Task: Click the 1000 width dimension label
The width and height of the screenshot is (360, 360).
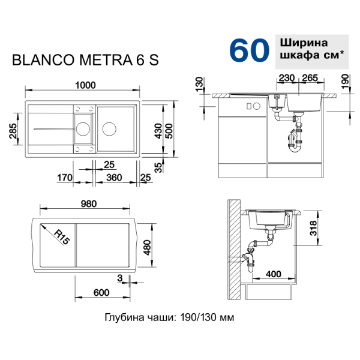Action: (x=85, y=85)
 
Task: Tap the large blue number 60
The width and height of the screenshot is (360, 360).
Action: (x=249, y=50)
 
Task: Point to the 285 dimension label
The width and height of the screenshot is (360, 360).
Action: (x=13, y=131)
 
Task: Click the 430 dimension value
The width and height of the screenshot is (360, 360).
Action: (x=158, y=131)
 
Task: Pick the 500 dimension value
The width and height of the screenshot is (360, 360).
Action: (x=169, y=131)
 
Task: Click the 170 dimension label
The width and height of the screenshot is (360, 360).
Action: (x=65, y=178)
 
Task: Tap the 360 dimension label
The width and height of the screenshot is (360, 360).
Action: (x=114, y=178)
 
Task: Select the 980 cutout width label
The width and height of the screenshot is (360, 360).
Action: (x=89, y=203)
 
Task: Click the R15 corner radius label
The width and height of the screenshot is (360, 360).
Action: (x=62, y=237)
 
